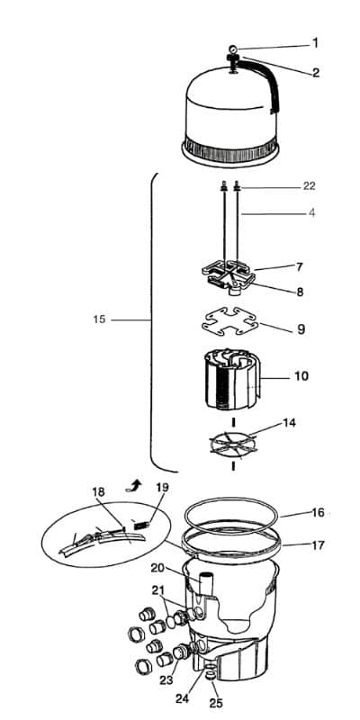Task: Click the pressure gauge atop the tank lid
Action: pos(233,49)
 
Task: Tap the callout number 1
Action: pos(315,43)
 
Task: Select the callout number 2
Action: pos(316,73)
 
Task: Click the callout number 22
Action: pos(309,186)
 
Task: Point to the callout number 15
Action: pos(99,319)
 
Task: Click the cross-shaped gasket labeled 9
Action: pos(229,321)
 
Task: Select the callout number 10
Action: pos(301,376)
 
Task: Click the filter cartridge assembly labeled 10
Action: pos(232,379)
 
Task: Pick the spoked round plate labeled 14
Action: pos(232,444)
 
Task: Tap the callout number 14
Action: pos(289,423)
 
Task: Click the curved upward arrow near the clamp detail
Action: pos(134,484)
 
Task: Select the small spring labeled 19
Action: pos(141,524)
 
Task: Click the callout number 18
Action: pos(98,491)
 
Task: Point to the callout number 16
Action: pos(319,512)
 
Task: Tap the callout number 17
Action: pos(319,545)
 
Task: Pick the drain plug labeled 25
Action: pos(211,676)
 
